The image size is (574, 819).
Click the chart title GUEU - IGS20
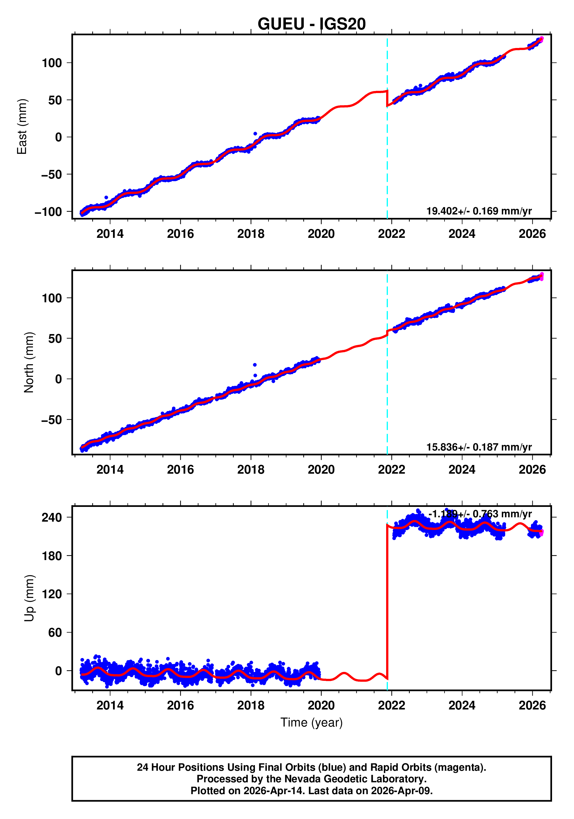coord(312,24)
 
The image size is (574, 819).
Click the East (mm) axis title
coord(22,127)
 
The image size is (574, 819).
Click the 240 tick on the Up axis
coord(52,517)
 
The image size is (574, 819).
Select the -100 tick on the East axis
coord(48,212)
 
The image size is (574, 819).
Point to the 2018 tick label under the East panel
coord(251,234)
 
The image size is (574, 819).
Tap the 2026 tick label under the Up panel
coord(532,705)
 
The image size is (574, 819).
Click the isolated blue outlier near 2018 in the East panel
coord(255,134)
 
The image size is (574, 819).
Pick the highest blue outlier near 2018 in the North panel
coord(255,365)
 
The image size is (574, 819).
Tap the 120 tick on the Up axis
coord(52,594)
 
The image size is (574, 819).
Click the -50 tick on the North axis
coord(52,420)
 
